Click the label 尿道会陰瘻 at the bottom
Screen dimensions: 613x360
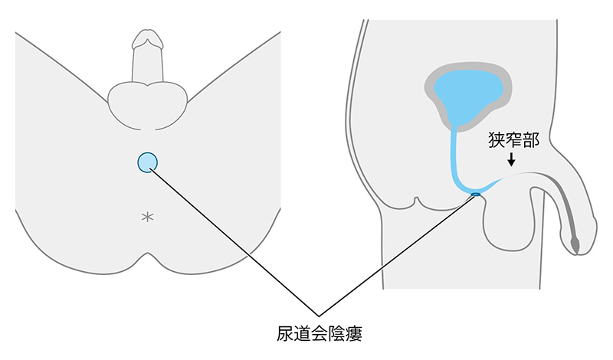point(320,333)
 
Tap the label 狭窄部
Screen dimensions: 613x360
point(513,140)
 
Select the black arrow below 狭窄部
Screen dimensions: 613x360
point(511,159)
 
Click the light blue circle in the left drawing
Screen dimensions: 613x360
point(147,162)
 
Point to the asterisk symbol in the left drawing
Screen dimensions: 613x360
point(147,217)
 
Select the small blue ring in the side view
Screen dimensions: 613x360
point(475,194)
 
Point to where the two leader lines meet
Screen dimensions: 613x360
point(319,316)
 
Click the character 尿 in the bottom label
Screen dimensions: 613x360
point(285,333)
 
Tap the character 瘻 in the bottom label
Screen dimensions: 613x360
point(354,333)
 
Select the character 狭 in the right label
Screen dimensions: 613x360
point(497,140)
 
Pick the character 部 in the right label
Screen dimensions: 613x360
point(531,140)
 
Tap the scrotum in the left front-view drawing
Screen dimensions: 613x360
point(147,105)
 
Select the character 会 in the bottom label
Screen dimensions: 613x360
point(320,333)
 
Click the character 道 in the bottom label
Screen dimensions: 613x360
point(302,333)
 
